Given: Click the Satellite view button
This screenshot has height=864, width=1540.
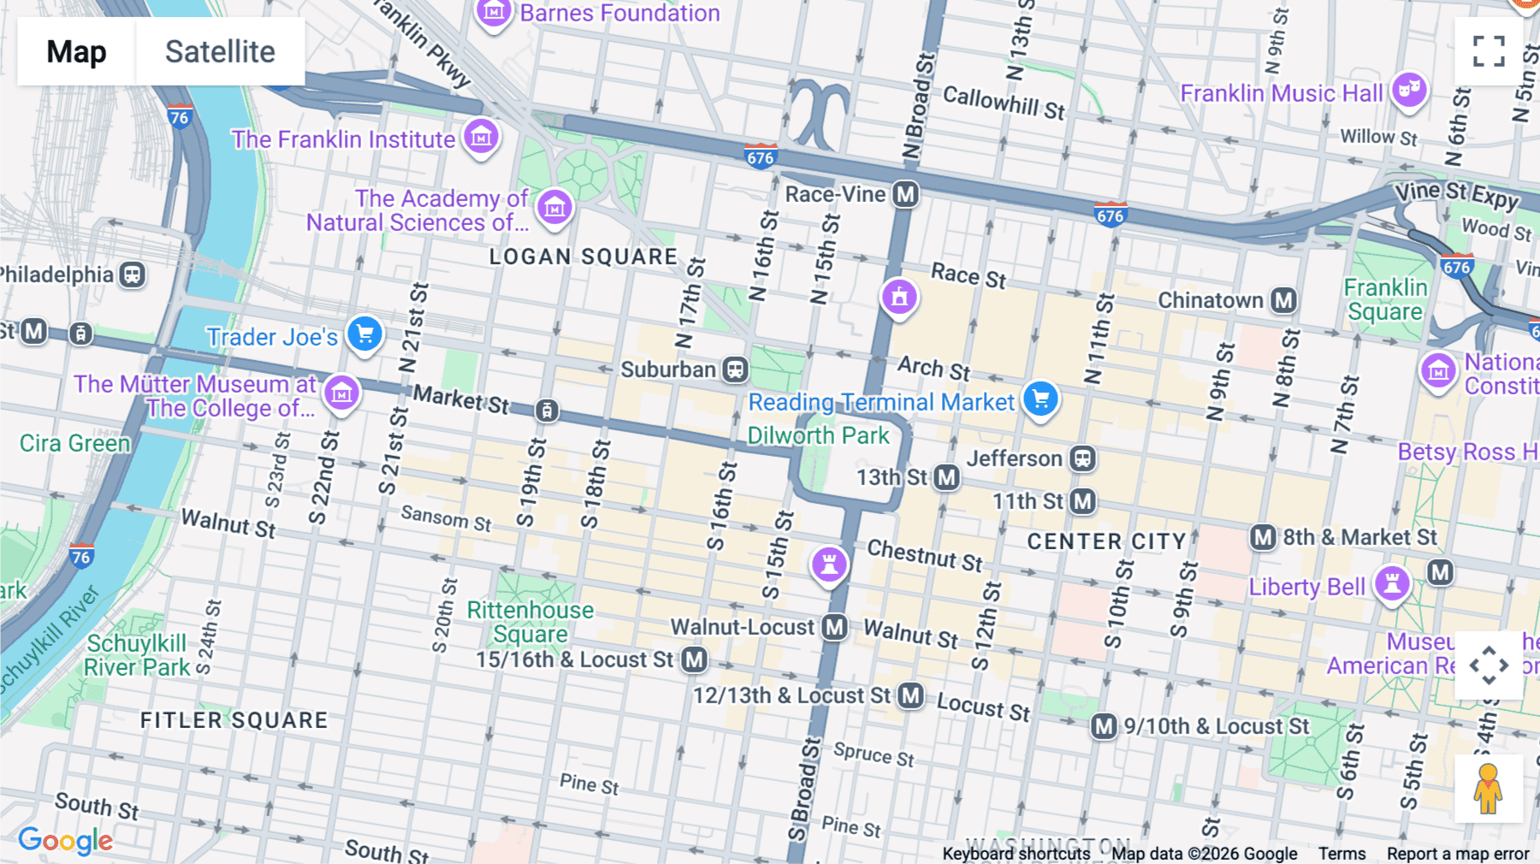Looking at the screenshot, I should tap(220, 51).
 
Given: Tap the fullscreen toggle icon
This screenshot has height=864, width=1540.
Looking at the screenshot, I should tap(1489, 51).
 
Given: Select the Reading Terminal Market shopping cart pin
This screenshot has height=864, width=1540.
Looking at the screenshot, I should tap(1040, 399).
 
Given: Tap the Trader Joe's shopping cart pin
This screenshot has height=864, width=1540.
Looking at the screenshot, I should tap(364, 334).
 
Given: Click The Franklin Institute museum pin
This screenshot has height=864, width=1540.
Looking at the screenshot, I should tap(481, 136).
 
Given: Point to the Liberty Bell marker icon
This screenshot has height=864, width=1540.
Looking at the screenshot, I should tap(1392, 583).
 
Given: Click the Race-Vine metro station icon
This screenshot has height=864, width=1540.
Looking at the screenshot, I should tap(905, 194).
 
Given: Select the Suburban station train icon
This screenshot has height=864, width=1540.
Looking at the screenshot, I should tap(735, 370).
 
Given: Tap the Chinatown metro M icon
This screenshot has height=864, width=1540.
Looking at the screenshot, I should tap(1282, 300).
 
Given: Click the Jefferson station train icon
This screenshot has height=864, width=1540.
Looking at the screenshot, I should tap(1082, 459).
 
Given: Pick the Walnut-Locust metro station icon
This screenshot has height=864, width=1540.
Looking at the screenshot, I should tap(834, 627).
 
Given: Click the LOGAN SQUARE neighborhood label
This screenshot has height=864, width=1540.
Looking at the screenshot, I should tap(583, 257).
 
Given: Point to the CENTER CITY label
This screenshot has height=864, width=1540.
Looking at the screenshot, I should tap(1106, 541).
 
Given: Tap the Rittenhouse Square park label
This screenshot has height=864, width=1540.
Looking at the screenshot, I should tap(530, 622).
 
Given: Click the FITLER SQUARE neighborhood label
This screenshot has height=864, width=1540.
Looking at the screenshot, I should tap(234, 720).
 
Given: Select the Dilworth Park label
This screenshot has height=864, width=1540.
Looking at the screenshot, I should tap(818, 435).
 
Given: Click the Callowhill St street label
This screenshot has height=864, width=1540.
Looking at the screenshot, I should tap(1004, 103).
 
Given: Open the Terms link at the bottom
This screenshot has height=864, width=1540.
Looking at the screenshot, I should tap(1342, 854).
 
